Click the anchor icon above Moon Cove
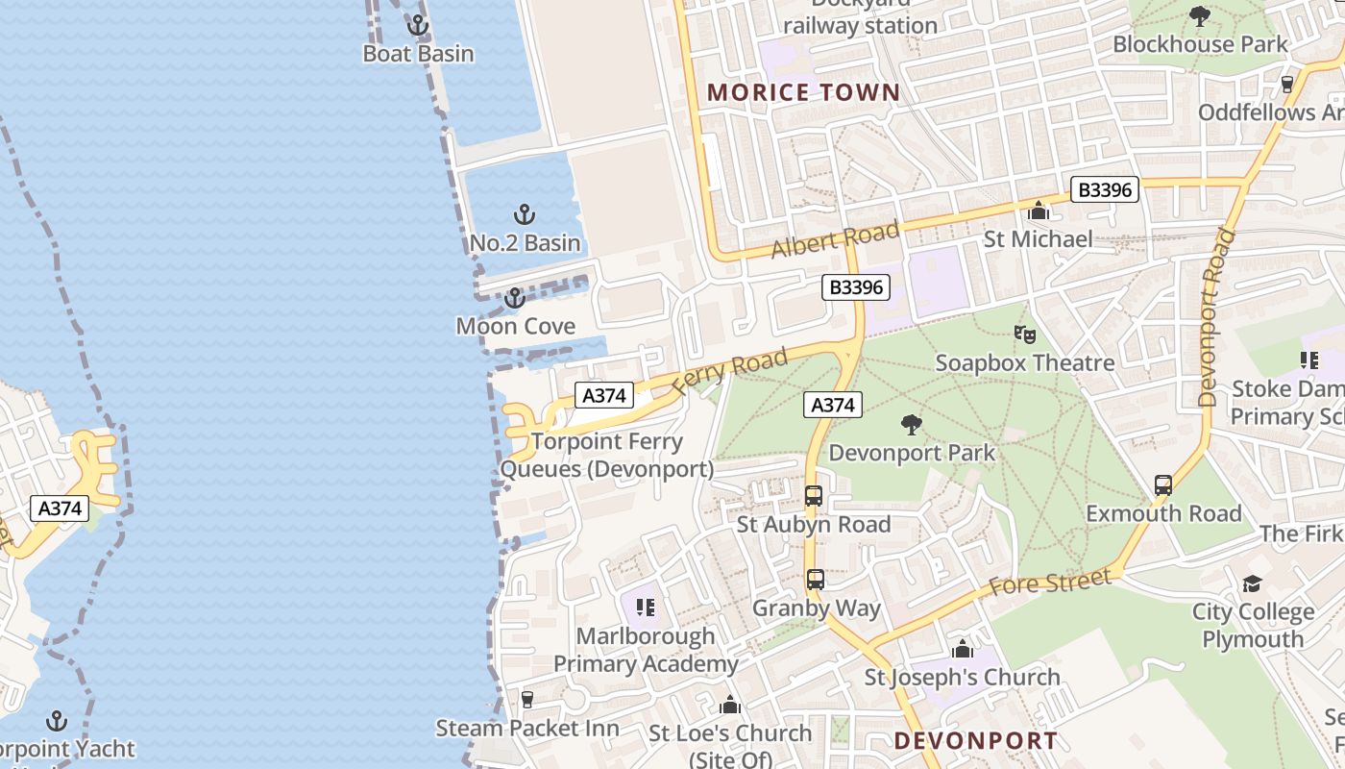(x=515, y=299)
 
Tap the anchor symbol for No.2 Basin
(x=525, y=214)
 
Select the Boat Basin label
(x=418, y=54)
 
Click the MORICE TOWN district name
(x=804, y=93)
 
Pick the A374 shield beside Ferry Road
(x=605, y=395)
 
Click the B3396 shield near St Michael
(x=1105, y=190)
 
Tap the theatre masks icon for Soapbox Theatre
(x=1025, y=335)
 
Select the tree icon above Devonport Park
(x=911, y=425)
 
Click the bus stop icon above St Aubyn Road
(x=814, y=497)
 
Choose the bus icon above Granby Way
(x=816, y=580)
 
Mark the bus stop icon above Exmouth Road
(x=1163, y=485)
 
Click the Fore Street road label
(x=1050, y=581)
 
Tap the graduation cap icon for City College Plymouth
(x=1252, y=583)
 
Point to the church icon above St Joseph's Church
(x=962, y=649)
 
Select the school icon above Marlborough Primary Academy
(x=646, y=608)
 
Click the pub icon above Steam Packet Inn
(x=526, y=699)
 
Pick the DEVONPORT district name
(x=976, y=741)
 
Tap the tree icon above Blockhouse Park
(x=1199, y=16)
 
